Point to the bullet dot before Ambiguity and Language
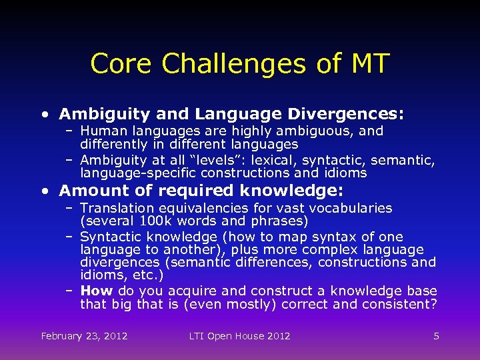[43, 115]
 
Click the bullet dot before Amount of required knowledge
[43, 191]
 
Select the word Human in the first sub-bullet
[102, 131]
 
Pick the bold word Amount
[89, 191]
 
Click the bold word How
[96, 291]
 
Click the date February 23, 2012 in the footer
[84, 336]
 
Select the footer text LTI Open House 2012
[239, 336]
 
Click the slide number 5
[436, 336]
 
